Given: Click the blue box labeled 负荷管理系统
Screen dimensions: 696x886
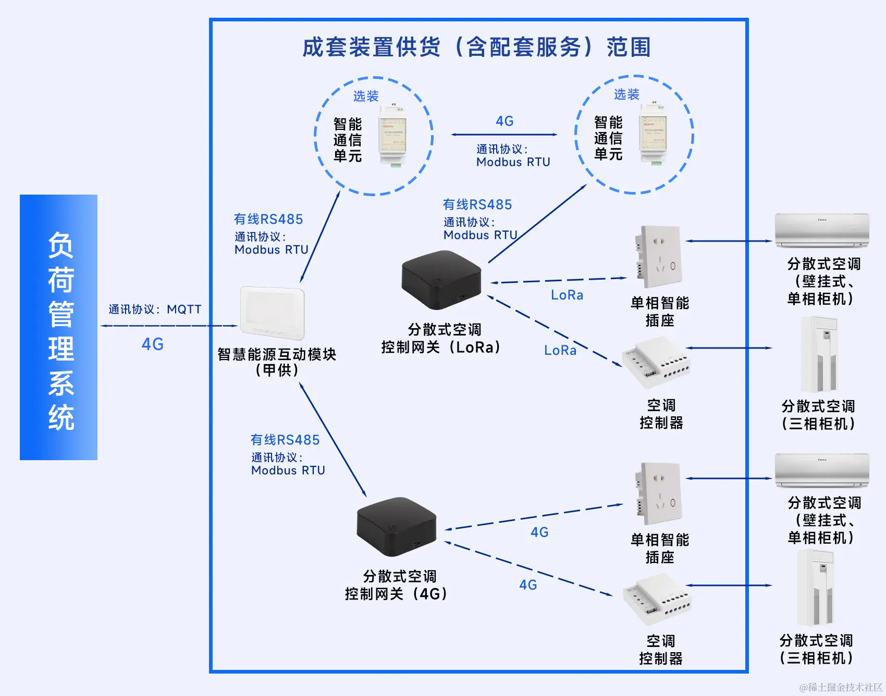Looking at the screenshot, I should [x=58, y=327].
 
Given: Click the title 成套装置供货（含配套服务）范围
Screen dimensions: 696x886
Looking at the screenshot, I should [x=476, y=47].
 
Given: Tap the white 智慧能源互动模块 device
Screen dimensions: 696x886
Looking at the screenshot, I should [x=272, y=313].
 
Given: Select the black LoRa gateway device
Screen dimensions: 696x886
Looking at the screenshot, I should [x=441, y=279].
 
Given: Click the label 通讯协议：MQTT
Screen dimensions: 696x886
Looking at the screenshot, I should [x=155, y=309].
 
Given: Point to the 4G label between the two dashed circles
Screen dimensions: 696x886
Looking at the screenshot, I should [x=504, y=121].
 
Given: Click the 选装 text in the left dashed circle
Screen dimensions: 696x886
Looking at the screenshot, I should [x=366, y=96].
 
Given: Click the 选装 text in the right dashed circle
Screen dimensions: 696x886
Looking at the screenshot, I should [x=626, y=94].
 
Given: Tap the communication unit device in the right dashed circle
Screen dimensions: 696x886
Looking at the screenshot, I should [x=654, y=135].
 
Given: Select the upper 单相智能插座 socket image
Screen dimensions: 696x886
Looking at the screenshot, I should [x=658, y=257].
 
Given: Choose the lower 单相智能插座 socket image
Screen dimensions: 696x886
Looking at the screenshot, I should [x=658, y=494].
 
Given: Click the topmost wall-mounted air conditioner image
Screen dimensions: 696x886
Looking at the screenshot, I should [x=822, y=230].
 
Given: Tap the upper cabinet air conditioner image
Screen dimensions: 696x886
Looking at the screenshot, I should [x=819, y=354].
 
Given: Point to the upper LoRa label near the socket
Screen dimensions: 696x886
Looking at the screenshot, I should [x=567, y=295].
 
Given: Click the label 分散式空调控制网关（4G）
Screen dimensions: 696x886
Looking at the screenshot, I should [x=397, y=585].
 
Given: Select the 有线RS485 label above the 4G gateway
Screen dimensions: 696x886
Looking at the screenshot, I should [x=285, y=440].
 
